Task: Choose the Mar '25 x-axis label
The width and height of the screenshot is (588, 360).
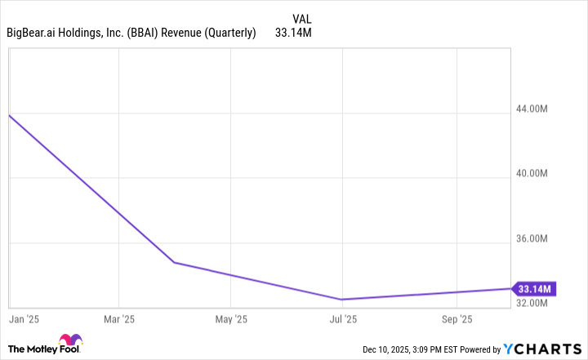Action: (x=119, y=318)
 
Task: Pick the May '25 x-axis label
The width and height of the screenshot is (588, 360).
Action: (x=232, y=318)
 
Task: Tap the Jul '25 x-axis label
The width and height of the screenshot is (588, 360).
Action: (x=343, y=318)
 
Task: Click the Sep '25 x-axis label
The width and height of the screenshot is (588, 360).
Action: (x=456, y=318)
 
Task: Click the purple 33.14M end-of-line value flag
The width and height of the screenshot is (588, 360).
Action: (x=534, y=288)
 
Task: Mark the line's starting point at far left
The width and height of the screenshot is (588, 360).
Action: (x=8, y=115)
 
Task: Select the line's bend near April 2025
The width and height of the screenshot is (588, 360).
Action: (x=174, y=263)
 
